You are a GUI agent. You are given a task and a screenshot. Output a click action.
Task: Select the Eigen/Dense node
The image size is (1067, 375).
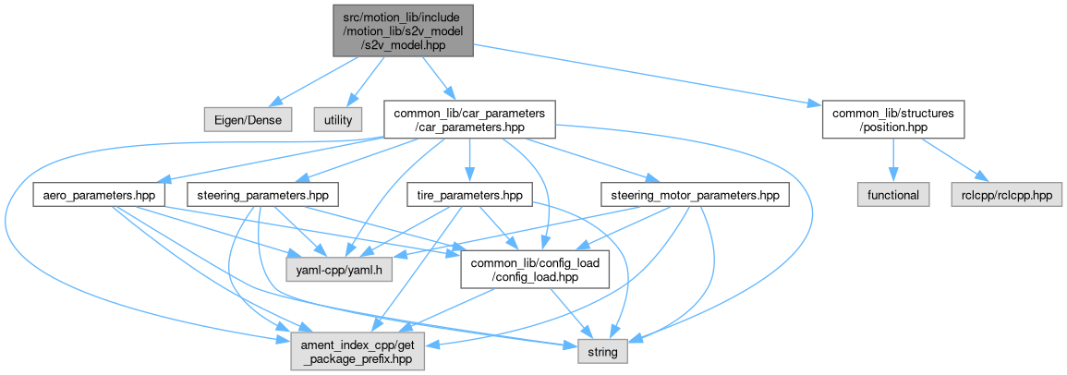click(x=248, y=119)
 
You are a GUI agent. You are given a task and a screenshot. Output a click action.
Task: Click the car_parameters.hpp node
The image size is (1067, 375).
click(x=469, y=119)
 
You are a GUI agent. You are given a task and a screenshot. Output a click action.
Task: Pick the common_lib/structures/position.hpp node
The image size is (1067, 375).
click(x=892, y=119)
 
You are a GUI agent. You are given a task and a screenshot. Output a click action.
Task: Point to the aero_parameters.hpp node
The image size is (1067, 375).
click(x=99, y=195)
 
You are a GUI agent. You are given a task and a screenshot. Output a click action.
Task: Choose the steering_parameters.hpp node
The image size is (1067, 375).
click(x=262, y=195)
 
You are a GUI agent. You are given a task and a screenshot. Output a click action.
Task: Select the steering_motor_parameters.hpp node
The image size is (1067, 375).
click(x=696, y=195)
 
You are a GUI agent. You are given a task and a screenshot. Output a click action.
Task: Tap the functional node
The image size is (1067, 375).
click(x=893, y=195)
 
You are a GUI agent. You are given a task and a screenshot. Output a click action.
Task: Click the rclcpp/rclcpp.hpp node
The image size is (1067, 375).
click(x=1003, y=195)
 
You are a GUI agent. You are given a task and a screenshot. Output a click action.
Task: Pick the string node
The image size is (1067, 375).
click(x=603, y=352)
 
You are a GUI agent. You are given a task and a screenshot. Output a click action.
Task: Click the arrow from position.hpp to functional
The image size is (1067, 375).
click(x=892, y=162)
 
